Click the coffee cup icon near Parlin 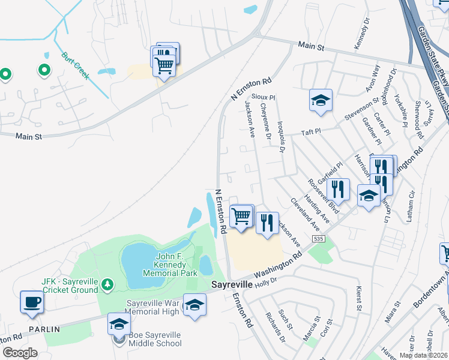click(32, 302)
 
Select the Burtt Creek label click(75, 66)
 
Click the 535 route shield click(318, 239)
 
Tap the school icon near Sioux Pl click(321, 100)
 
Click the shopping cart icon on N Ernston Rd click(241, 215)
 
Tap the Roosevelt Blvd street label click(323, 197)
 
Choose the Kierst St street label click(359, 299)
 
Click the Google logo click(19, 353)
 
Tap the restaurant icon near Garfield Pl click(338, 190)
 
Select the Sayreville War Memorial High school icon click(194, 305)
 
